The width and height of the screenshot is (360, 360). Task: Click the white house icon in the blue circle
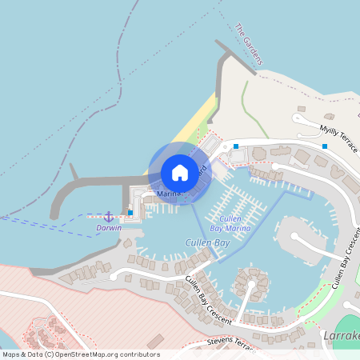180,172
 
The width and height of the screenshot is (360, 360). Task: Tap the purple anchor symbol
109,217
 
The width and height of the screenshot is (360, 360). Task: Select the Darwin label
109,228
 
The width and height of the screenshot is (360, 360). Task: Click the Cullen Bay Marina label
230,223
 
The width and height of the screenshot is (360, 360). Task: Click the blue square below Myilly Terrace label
325,146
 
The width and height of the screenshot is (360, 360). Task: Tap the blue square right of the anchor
130,213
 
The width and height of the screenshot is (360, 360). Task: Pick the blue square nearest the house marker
236,146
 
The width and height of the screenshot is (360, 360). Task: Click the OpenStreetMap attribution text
80,354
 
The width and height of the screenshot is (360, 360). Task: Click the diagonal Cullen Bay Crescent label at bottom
208,300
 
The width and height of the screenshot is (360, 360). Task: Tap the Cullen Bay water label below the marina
207,242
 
